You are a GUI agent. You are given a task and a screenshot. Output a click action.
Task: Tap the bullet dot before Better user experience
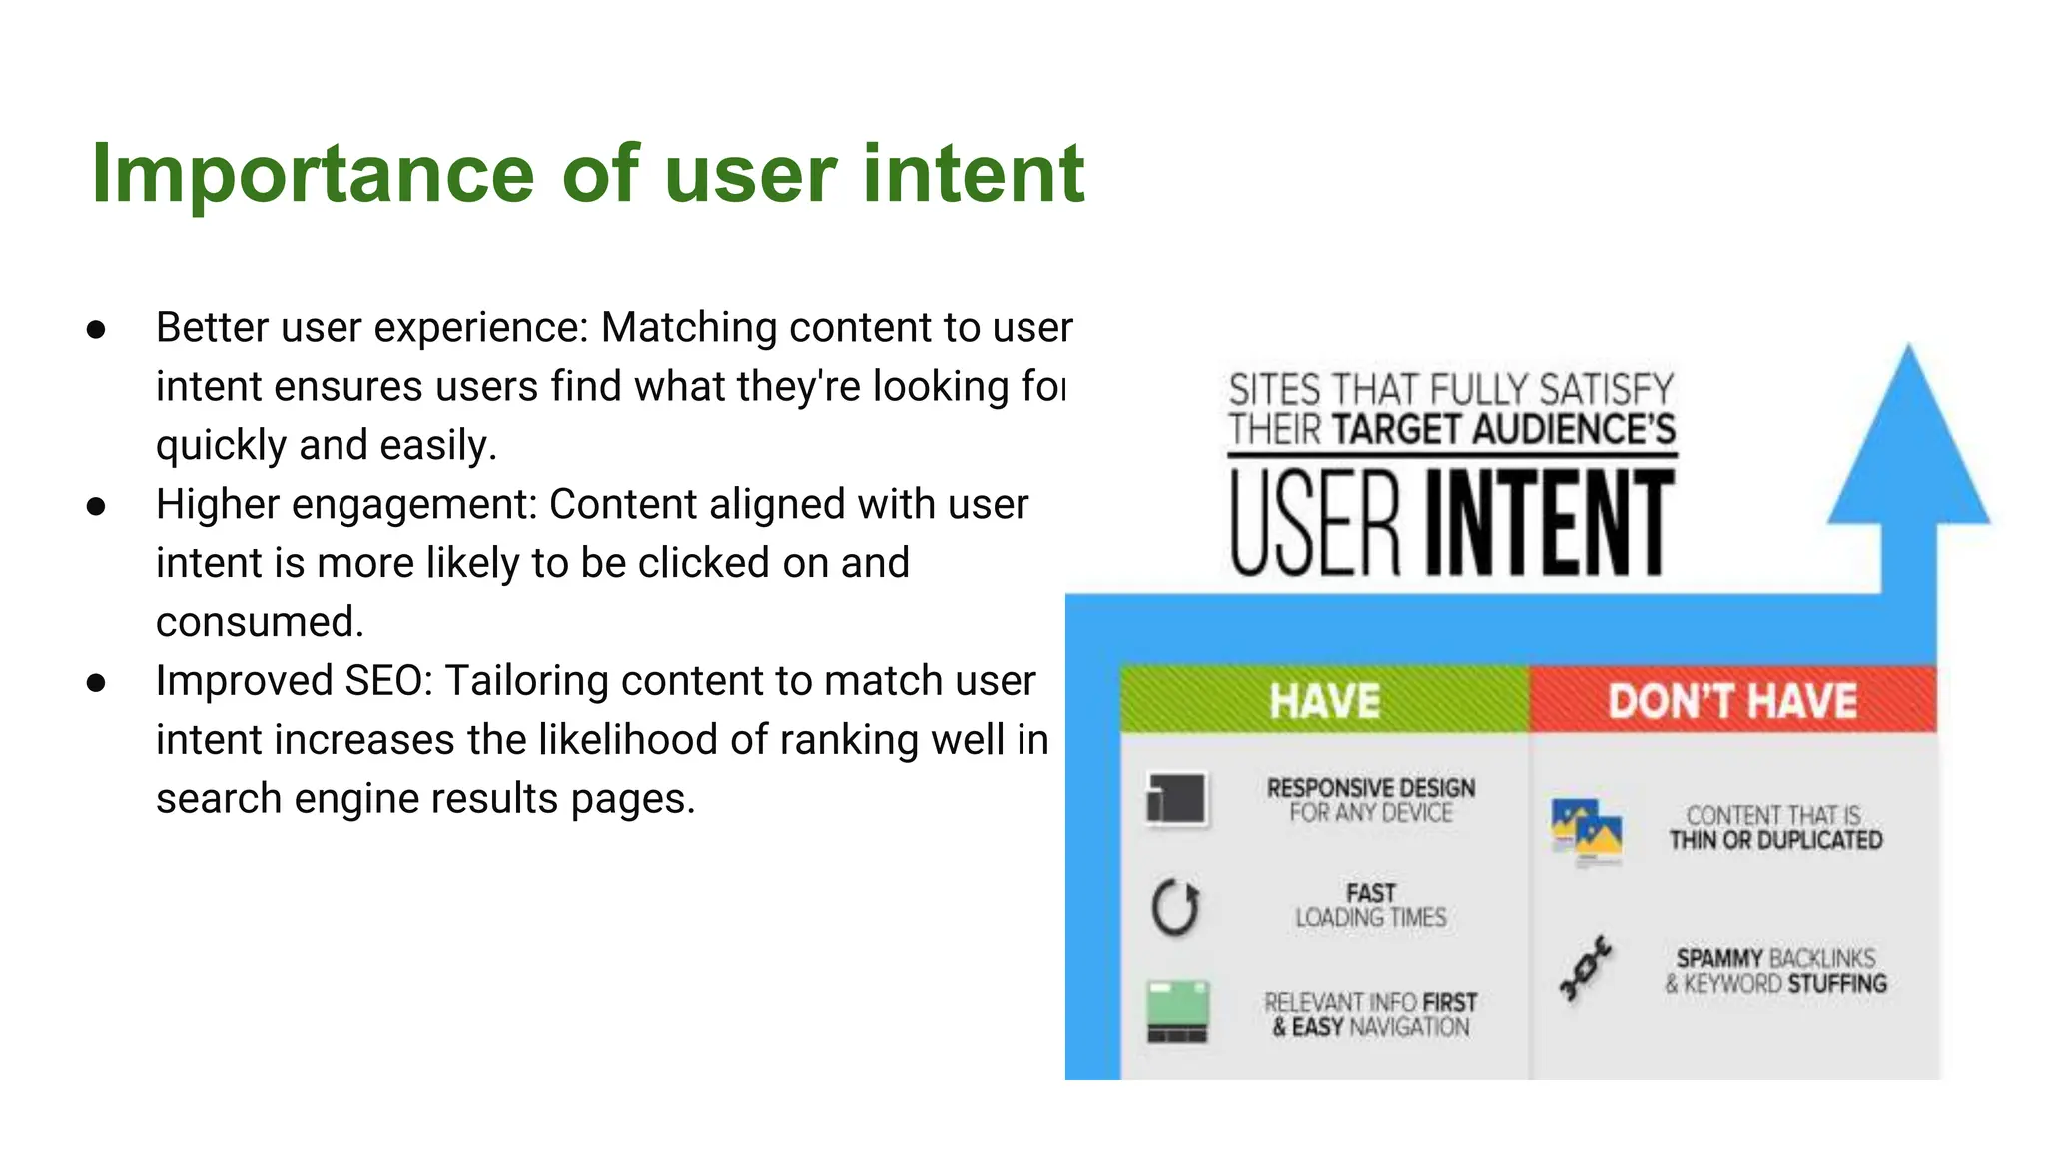[x=97, y=329]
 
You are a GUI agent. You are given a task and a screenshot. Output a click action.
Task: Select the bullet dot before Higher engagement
[x=97, y=506]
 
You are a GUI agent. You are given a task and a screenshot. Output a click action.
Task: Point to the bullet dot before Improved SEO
[x=97, y=683]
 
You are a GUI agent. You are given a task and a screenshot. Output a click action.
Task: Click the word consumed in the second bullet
[x=259, y=622]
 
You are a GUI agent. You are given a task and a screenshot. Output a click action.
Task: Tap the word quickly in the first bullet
[x=221, y=445]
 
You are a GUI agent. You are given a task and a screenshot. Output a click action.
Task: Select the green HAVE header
[x=1324, y=700]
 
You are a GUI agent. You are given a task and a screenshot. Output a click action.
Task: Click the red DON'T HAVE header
[x=1732, y=700]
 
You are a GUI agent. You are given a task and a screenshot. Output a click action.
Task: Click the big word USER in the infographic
[x=1315, y=523]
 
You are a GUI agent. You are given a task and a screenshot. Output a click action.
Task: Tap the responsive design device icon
[x=1177, y=800]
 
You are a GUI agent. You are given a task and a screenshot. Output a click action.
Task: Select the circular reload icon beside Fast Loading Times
[x=1175, y=907]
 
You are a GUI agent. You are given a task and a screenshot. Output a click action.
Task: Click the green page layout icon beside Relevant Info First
[x=1178, y=1011]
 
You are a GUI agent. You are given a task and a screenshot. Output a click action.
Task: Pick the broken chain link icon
[x=1585, y=968]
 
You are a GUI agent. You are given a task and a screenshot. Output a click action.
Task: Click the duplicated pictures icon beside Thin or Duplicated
[x=1587, y=830]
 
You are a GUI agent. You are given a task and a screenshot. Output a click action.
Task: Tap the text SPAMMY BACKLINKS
[x=1775, y=958]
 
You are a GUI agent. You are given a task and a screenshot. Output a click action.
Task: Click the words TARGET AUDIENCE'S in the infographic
[x=1503, y=430]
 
